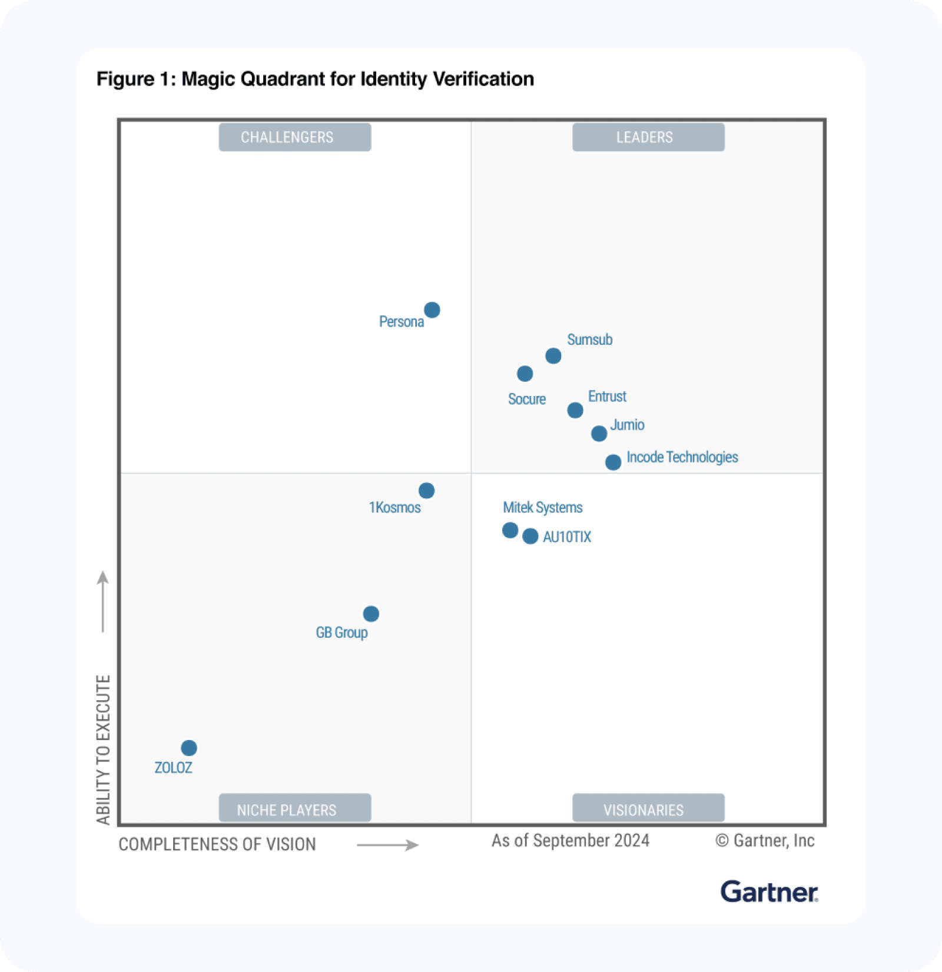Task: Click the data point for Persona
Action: coord(432,309)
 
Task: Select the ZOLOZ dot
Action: coord(189,748)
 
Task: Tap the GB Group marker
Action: coord(371,614)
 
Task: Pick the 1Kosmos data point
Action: coord(427,490)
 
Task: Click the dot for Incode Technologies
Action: coord(613,462)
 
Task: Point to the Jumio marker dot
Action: coord(599,434)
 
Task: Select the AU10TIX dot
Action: coord(530,536)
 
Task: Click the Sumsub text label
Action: coord(589,339)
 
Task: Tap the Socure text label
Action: coord(527,399)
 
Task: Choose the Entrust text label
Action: coord(607,397)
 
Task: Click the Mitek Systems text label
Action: coord(542,507)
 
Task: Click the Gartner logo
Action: coord(769,892)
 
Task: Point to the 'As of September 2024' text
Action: coord(570,840)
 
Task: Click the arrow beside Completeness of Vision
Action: coord(387,845)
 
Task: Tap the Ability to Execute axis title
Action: coord(104,750)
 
